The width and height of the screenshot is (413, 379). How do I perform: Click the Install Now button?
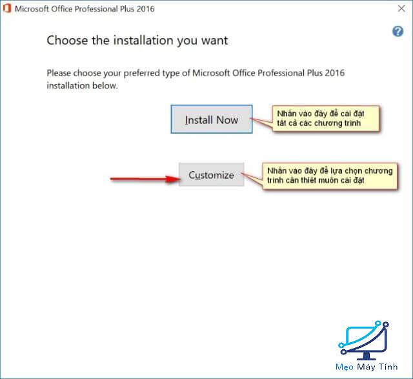(x=212, y=119)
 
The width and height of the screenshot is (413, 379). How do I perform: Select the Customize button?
(x=212, y=175)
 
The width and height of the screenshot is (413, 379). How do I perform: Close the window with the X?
(x=401, y=8)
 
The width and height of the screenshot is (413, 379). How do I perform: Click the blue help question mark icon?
(x=398, y=32)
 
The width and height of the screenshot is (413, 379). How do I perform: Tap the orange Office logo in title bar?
(x=7, y=8)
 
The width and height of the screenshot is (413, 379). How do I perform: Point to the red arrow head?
(x=174, y=179)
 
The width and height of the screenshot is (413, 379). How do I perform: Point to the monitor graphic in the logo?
(x=364, y=340)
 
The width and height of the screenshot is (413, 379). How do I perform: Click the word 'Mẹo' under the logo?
(x=345, y=367)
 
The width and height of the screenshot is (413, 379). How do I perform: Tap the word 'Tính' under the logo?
(x=388, y=366)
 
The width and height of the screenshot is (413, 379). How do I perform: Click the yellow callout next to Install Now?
(x=327, y=118)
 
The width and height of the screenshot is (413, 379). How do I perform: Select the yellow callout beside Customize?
(x=330, y=176)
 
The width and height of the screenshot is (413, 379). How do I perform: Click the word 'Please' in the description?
(x=59, y=73)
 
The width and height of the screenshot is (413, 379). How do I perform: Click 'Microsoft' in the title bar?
(x=32, y=9)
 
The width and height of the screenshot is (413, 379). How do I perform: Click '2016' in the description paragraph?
(x=335, y=73)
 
